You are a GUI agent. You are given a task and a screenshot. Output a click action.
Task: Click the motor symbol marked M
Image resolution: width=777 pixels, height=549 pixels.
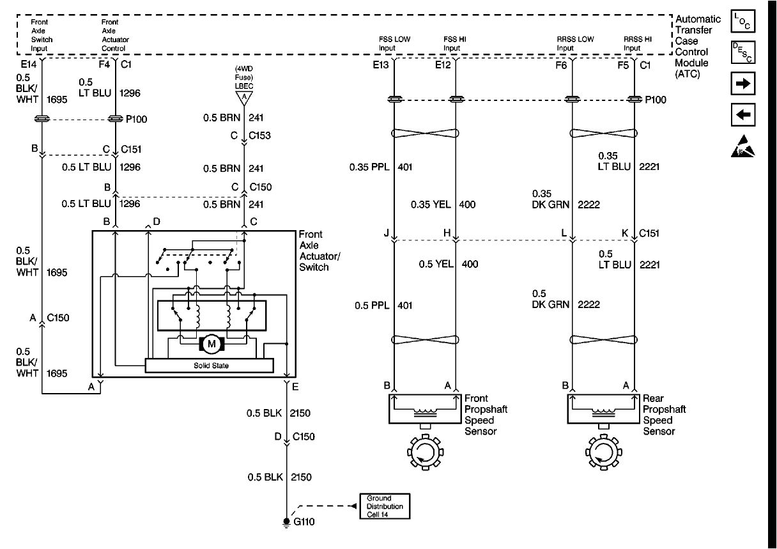coord(210,343)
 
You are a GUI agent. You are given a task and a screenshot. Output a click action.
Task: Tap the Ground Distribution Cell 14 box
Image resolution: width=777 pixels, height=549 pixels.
coord(385,506)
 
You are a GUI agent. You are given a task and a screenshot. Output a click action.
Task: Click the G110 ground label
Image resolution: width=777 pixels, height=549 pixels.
coord(304,522)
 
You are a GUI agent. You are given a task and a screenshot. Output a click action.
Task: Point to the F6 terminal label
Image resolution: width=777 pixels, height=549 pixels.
coord(561,64)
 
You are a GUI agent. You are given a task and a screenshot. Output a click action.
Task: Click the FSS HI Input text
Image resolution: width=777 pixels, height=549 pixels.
coord(454,43)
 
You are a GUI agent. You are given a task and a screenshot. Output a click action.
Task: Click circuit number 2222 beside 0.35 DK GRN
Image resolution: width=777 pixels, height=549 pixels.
coord(588,205)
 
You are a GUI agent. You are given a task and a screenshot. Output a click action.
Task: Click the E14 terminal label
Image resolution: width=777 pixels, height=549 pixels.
coord(29,64)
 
